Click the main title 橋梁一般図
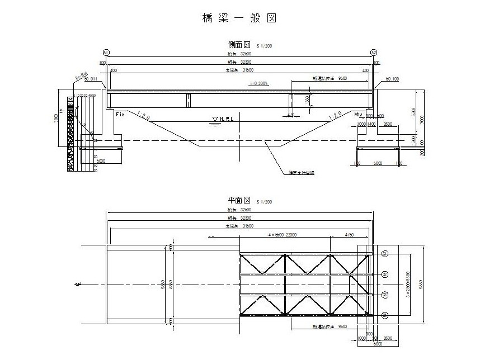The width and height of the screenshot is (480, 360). [x=239, y=18]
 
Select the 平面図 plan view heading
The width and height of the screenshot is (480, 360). [x=239, y=200]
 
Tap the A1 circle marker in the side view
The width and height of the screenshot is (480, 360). [x=106, y=52]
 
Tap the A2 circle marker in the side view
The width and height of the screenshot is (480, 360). [x=374, y=52]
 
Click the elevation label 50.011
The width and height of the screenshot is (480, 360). [x=91, y=80]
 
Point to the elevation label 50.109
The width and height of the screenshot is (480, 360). [x=392, y=80]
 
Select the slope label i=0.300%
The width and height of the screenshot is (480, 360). [x=260, y=83]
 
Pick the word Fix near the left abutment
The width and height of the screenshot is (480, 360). [x=119, y=114]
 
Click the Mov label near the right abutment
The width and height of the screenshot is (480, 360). [x=359, y=114]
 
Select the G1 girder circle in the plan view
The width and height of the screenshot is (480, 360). [x=385, y=254]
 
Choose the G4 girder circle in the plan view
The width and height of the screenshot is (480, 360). [x=385, y=316]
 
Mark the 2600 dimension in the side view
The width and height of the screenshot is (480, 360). [x=388, y=124]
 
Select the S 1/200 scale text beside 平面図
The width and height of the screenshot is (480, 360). [x=265, y=201]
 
